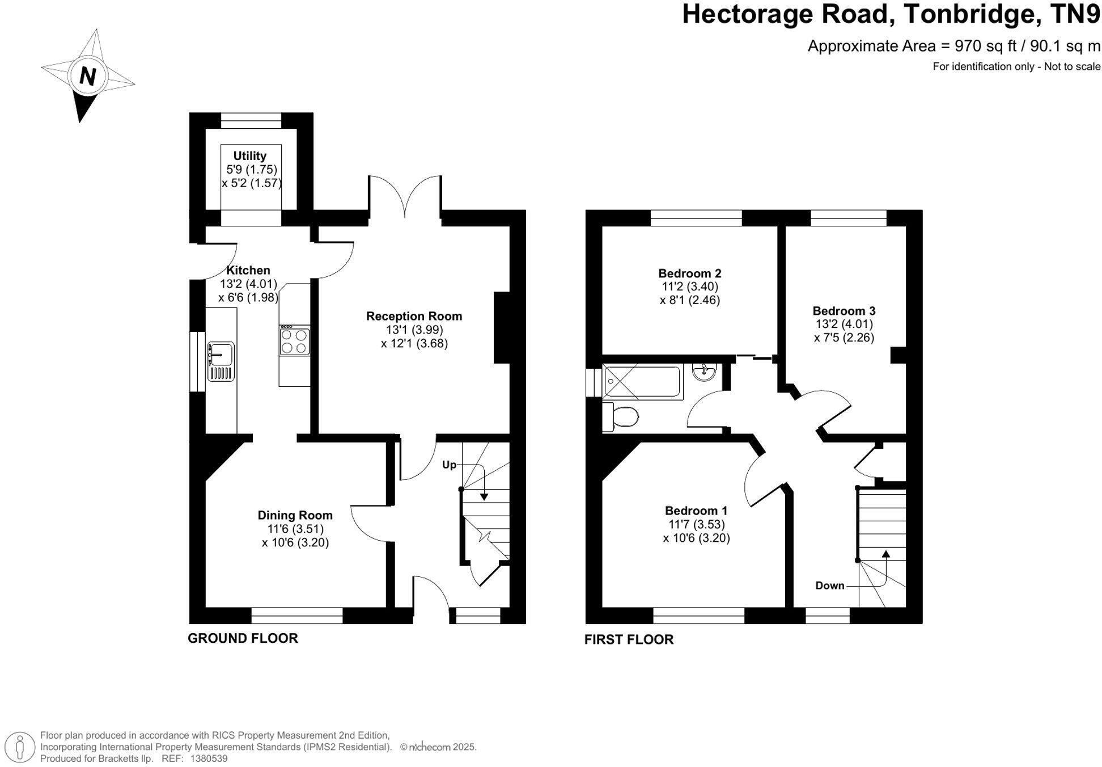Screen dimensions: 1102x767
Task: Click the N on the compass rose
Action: pyautogui.click(x=87, y=75)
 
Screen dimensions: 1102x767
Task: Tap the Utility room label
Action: pyautogui.click(x=250, y=155)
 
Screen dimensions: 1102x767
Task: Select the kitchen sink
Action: pyautogui.click(x=221, y=361)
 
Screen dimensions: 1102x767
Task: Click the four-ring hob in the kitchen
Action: pyautogui.click(x=295, y=340)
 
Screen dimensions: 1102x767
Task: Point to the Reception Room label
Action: pyautogui.click(x=414, y=316)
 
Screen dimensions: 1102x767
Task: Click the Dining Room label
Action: pyautogui.click(x=295, y=515)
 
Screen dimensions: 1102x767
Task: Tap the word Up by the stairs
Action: pyautogui.click(x=449, y=465)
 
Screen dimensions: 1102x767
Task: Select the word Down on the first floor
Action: pyautogui.click(x=830, y=585)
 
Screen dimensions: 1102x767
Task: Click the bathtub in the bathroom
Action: pyautogui.click(x=642, y=381)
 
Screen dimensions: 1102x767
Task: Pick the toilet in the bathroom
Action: pyautogui.click(x=621, y=417)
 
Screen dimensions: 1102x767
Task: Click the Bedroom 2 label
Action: pyautogui.click(x=690, y=273)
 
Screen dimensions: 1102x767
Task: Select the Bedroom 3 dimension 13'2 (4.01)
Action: pyautogui.click(x=844, y=324)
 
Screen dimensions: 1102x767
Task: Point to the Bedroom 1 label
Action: pyautogui.click(x=696, y=511)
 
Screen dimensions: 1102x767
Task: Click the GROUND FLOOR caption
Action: pyautogui.click(x=243, y=638)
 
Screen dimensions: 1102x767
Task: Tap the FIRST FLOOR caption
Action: pyautogui.click(x=629, y=639)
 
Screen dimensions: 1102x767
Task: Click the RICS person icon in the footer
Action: pyautogui.click(x=21, y=746)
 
